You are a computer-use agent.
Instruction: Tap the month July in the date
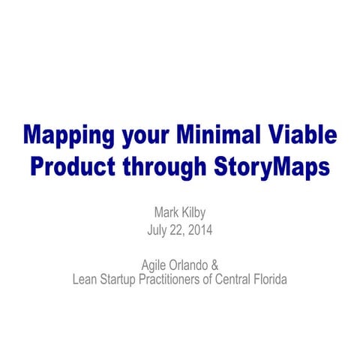click(x=159, y=231)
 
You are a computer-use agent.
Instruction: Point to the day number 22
click(x=181, y=231)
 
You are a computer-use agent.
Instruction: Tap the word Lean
click(x=84, y=280)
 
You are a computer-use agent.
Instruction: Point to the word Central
click(x=244, y=280)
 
